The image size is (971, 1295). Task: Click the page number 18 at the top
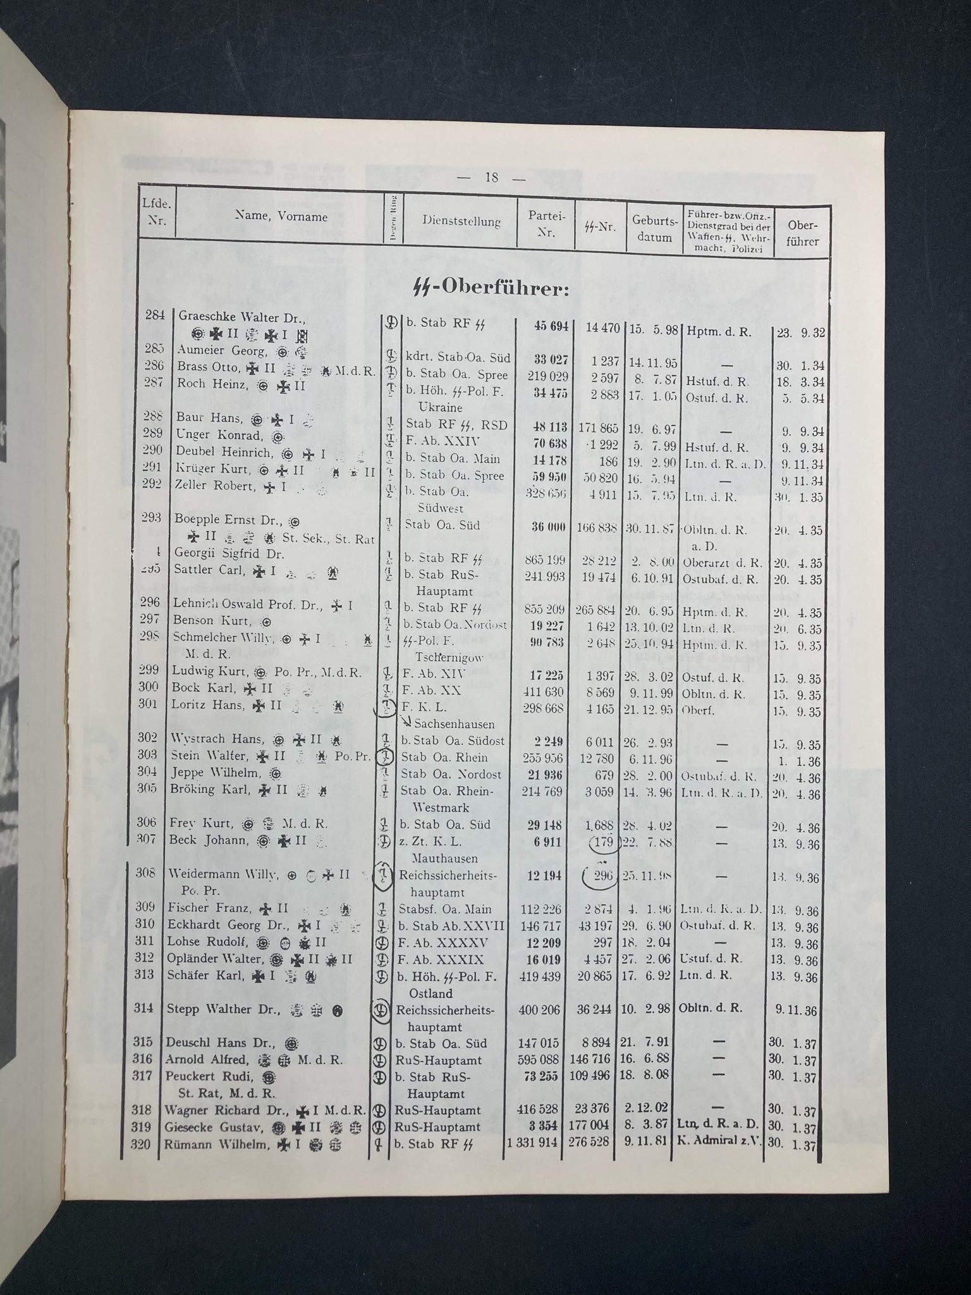pyautogui.click(x=492, y=178)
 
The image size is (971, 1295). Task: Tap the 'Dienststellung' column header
pyautogui.click(x=461, y=221)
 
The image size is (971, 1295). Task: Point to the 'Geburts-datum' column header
pyautogui.click(x=654, y=229)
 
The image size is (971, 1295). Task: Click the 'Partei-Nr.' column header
pyautogui.click(x=541, y=223)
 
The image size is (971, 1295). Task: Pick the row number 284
pyautogui.click(x=155, y=315)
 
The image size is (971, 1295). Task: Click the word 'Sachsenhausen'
pyautogui.click(x=454, y=724)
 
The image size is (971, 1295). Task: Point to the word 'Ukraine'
pyautogui.click(x=441, y=408)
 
